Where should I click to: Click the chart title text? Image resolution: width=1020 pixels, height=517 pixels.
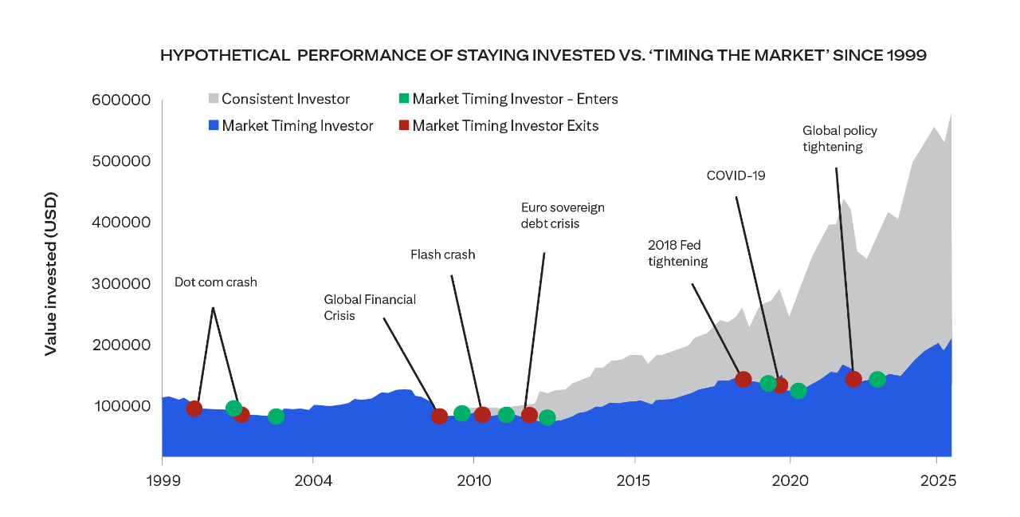click(x=543, y=55)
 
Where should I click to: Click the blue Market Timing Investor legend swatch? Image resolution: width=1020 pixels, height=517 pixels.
click(x=214, y=125)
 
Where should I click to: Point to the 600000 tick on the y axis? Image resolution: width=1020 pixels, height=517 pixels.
click(x=121, y=100)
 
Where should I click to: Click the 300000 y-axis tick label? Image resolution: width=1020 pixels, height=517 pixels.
click(x=121, y=283)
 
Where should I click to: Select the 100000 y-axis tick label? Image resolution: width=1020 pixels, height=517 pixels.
click(x=121, y=405)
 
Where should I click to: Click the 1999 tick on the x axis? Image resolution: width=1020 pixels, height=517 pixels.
click(x=162, y=482)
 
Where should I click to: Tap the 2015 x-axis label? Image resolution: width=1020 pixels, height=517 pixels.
click(x=634, y=482)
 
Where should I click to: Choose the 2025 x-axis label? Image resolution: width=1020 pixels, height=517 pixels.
click(x=938, y=482)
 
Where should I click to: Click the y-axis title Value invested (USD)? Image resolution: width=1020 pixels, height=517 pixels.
click(x=50, y=273)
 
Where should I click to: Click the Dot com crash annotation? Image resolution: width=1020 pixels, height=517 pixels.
click(x=216, y=282)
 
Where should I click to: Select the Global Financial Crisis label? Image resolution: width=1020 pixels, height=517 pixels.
click(x=370, y=307)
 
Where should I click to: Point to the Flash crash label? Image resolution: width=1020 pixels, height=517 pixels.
click(x=442, y=255)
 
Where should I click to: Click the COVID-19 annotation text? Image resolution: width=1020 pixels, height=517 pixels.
click(x=736, y=175)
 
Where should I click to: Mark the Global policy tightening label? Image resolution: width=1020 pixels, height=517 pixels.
click(x=839, y=138)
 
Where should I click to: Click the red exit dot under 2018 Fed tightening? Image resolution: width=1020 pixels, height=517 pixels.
click(x=743, y=379)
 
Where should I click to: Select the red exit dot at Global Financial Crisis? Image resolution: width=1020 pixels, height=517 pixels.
click(x=439, y=416)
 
